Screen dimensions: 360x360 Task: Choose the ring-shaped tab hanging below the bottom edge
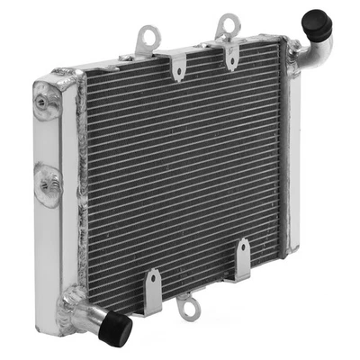pos(185,305)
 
